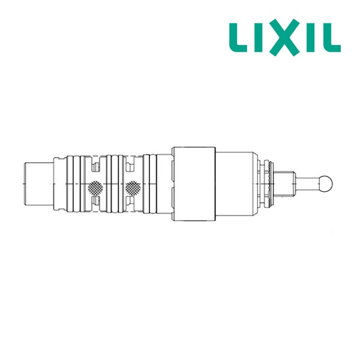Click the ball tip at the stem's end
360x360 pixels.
tap(326, 180)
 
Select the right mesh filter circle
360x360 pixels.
tap(133, 188)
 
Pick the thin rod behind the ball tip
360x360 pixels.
tap(310, 180)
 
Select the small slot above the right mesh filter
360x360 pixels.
tap(133, 160)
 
